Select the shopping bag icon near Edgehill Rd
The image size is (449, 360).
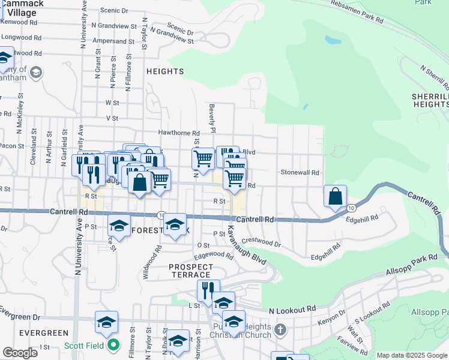click(335, 196)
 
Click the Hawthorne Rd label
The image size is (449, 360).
click(179, 133)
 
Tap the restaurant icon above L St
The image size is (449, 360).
click(208, 290)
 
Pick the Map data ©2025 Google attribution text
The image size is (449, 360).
click(412, 355)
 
